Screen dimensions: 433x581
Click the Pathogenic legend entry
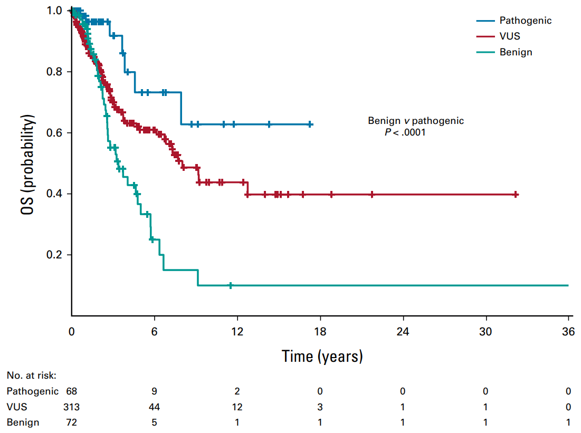(x=526, y=21)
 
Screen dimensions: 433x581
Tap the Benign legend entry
(x=516, y=52)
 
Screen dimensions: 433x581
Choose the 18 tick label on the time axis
(x=320, y=333)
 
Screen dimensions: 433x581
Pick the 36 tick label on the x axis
(x=568, y=333)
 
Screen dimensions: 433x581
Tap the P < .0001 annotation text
(x=405, y=132)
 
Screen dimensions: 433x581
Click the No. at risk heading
(x=31, y=376)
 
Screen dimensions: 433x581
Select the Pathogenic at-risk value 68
(x=72, y=391)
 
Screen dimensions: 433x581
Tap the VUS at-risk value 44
(x=154, y=407)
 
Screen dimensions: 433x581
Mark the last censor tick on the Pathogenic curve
(x=310, y=124)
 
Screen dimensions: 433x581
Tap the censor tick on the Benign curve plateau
(x=231, y=285)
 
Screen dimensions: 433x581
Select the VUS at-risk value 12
(x=237, y=407)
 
